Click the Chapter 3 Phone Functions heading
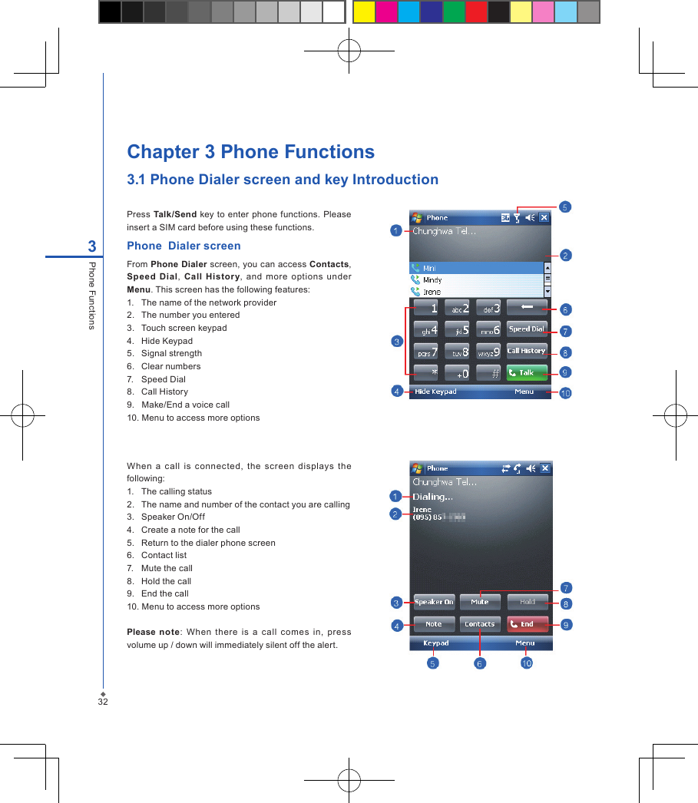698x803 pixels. pyautogui.click(x=250, y=151)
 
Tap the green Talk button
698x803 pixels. pyautogui.click(x=527, y=372)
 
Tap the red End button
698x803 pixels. pyautogui.click(x=527, y=624)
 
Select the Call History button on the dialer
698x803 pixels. pyautogui.click(x=527, y=351)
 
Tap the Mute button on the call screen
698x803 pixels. pyautogui.click(x=480, y=603)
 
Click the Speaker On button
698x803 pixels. pyautogui.click(x=434, y=603)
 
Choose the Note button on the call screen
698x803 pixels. pyautogui.click(x=434, y=624)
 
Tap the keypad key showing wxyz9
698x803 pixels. pyautogui.click(x=489, y=352)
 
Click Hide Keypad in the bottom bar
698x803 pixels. pyautogui.click(x=435, y=392)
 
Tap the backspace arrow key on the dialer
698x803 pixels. pyautogui.click(x=527, y=308)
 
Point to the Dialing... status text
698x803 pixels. pyautogui.click(x=432, y=497)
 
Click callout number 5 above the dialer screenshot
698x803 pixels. pyautogui.click(x=564, y=207)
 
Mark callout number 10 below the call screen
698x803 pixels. pyautogui.click(x=526, y=663)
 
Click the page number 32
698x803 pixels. pyautogui.click(x=102, y=702)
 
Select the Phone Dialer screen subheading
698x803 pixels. pyautogui.click(x=184, y=246)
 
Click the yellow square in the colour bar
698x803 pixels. pyautogui.click(x=363, y=12)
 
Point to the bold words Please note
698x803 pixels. pyautogui.click(x=153, y=632)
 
